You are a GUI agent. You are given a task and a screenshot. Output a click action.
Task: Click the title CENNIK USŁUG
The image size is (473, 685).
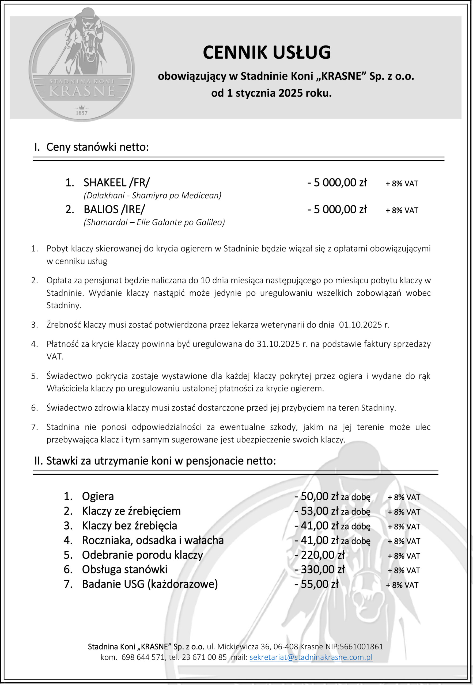tap(266, 52)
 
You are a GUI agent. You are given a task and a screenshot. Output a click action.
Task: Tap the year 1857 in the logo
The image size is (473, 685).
tap(81, 113)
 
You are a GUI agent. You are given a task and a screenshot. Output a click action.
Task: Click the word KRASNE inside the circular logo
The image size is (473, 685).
tap(82, 91)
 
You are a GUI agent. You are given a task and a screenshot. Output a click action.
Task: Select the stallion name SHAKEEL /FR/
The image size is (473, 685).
tap(116, 182)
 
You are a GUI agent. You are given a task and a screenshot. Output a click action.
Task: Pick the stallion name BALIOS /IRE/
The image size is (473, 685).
tap(114, 209)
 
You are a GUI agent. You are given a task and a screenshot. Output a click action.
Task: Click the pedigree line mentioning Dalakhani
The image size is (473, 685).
tap(152, 195)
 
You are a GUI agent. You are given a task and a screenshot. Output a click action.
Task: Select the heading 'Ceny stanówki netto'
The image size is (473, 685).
tap(97, 147)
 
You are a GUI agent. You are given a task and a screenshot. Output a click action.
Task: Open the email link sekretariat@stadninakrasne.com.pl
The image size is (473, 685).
tap(311, 657)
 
